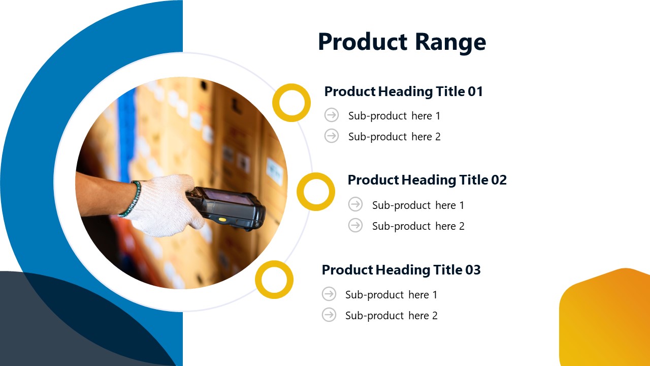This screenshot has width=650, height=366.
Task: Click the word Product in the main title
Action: pyautogui.click(x=363, y=42)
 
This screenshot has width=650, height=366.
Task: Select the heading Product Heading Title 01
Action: pyautogui.click(x=403, y=92)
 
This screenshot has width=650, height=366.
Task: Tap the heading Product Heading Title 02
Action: pyautogui.click(x=427, y=180)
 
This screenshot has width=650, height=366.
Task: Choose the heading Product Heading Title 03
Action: pyautogui.click(x=401, y=270)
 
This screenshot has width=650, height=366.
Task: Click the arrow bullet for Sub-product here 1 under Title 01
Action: pyautogui.click(x=332, y=115)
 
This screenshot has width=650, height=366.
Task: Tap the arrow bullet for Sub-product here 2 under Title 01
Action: pyautogui.click(x=332, y=136)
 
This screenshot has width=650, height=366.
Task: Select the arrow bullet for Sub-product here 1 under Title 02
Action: pyautogui.click(x=355, y=204)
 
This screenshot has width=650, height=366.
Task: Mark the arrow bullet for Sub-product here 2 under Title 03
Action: pyautogui.click(x=329, y=315)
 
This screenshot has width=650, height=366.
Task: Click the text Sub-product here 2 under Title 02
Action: pyautogui.click(x=418, y=226)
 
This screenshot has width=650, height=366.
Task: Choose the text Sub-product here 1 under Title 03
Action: pyautogui.click(x=391, y=295)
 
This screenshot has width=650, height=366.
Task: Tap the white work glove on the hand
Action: pyautogui.click(x=164, y=205)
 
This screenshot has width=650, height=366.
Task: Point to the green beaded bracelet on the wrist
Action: pyautogui.click(x=132, y=198)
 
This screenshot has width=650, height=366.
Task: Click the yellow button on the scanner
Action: pyautogui.click(x=222, y=220)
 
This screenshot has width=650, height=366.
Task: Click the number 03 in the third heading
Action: pyautogui.click(x=473, y=270)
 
